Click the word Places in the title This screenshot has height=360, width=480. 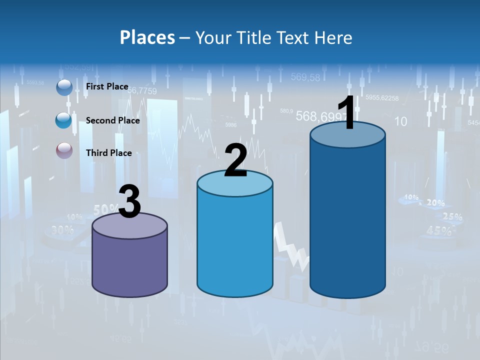(x=147, y=37)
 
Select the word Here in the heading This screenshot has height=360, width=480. (x=333, y=37)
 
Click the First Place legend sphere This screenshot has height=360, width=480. (x=64, y=87)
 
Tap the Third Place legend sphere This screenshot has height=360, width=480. (x=64, y=150)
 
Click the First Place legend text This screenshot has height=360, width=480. (x=107, y=86)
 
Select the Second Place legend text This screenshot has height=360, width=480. (x=112, y=120)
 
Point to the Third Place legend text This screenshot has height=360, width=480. (x=108, y=153)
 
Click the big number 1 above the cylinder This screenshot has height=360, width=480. (x=346, y=113)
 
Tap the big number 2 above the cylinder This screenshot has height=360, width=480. (x=235, y=160)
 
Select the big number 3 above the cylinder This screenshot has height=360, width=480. (x=129, y=201)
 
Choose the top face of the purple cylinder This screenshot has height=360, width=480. (x=129, y=225)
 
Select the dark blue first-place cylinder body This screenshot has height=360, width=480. (x=347, y=220)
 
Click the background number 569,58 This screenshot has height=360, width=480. (x=305, y=77)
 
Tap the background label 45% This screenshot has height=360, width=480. (x=438, y=230)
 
